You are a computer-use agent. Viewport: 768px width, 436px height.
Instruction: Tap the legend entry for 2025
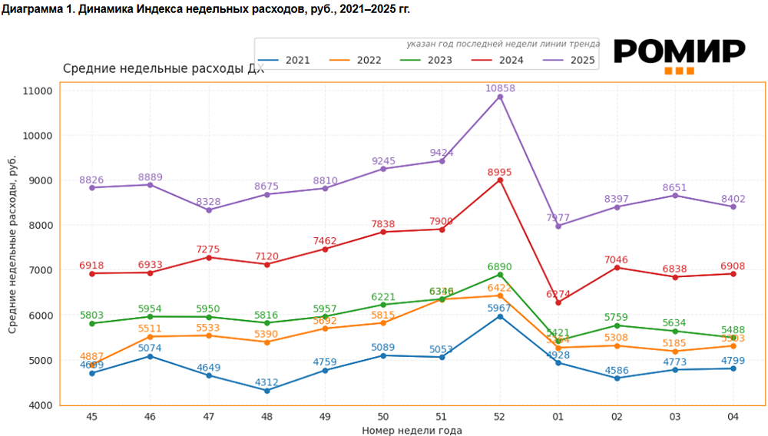[x=568, y=60]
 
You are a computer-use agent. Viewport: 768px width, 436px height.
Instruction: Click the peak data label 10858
[x=500, y=88]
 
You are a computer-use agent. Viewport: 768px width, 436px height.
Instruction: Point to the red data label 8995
[x=500, y=172]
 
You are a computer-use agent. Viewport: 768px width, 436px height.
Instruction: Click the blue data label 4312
[x=266, y=381]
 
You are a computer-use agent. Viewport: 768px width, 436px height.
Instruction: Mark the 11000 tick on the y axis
[x=38, y=91]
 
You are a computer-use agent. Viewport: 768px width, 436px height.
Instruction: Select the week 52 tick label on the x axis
[x=500, y=417]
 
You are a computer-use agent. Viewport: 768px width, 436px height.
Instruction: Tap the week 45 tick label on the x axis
[x=91, y=417]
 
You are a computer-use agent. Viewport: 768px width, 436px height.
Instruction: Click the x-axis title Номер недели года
[x=412, y=431]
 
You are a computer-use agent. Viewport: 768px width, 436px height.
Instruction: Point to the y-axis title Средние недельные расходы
[x=12, y=245]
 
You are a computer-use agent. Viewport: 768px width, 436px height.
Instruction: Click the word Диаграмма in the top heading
[x=30, y=9]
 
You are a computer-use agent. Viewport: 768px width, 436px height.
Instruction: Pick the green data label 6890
[x=500, y=266]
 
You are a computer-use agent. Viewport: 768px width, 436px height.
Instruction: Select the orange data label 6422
[x=500, y=287]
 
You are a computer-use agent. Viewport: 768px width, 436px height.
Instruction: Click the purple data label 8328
[x=208, y=201]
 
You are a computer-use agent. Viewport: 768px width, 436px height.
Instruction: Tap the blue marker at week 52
[x=500, y=316]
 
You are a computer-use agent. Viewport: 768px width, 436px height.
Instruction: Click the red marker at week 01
[x=558, y=302]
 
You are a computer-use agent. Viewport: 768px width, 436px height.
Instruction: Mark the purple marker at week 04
[x=733, y=206]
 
